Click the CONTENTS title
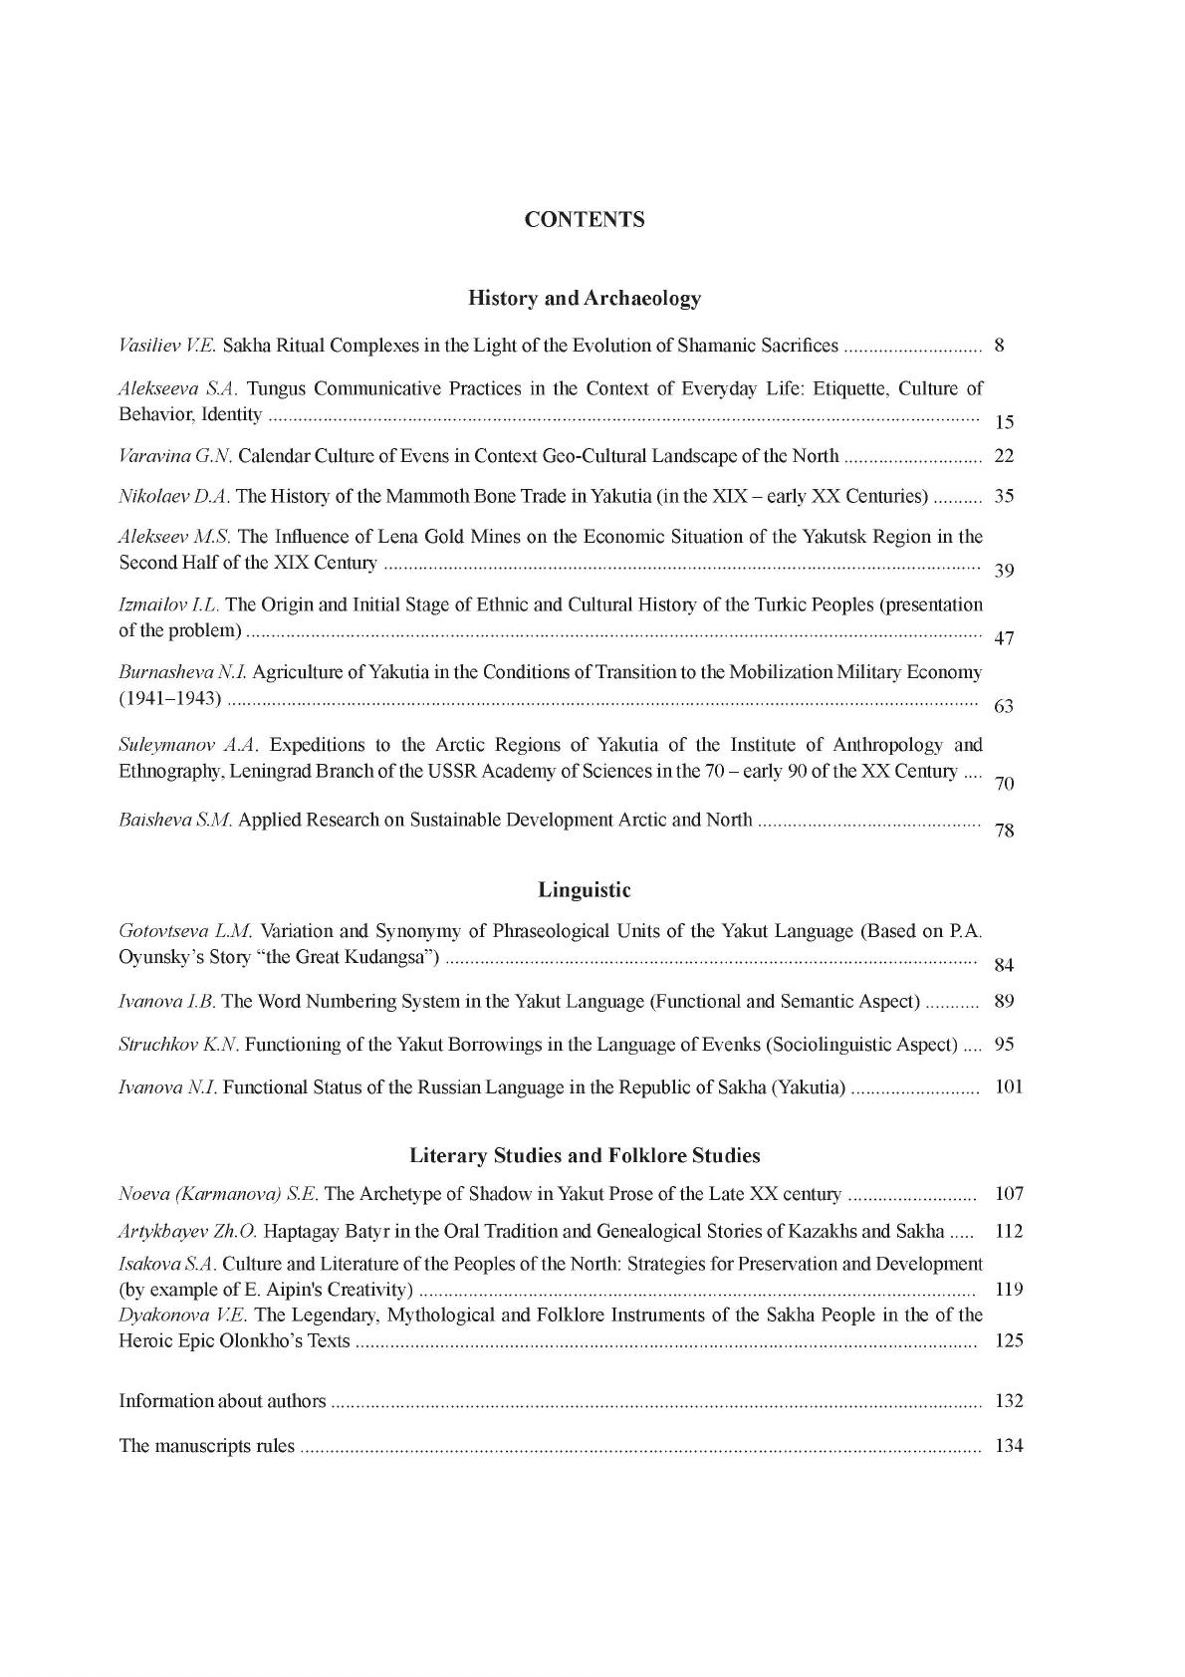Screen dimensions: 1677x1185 click(x=585, y=220)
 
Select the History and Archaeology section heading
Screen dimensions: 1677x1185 click(x=585, y=298)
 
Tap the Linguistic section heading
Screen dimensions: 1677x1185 click(x=585, y=889)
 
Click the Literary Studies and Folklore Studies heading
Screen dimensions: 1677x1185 click(x=585, y=1155)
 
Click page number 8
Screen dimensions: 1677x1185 click(x=999, y=347)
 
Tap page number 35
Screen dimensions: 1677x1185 click(x=1004, y=496)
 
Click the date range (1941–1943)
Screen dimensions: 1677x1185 click(x=170, y=698)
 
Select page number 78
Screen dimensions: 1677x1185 click(x=1004, y=830)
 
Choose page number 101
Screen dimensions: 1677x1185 click(x=1009, y=1086)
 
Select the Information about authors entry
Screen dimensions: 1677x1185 click(x=222, y=1401)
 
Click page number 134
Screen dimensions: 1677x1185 click(x=1009, y=1446)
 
